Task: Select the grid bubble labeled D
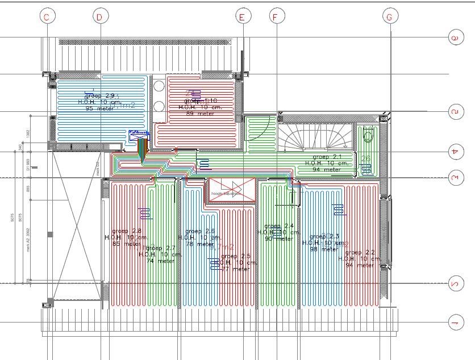99,17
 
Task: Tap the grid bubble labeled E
242,17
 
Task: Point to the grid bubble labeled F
276,17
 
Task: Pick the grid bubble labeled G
389,17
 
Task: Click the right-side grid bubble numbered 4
454,152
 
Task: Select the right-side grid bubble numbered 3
454,178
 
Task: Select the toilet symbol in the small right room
368,136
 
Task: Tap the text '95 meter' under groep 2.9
99,108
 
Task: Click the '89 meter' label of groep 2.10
200,113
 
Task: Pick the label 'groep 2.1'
327,156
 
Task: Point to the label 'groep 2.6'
200,231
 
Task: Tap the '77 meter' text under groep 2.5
235,269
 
